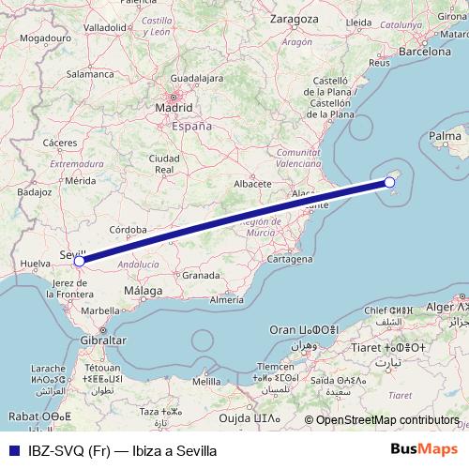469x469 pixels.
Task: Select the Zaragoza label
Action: tap(292, 18)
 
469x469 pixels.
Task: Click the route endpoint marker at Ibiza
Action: tap(389, 182)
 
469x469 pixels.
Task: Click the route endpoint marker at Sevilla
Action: tap(80, 262)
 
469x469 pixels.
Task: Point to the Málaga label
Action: tap(143, 293)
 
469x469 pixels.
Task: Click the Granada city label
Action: tap(201, 276)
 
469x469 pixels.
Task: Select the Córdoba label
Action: tap(128, 229)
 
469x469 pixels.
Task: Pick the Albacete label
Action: tap(252, 184)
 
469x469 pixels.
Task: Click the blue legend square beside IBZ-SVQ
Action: tap(13, 449)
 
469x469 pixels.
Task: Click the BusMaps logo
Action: tap(431, 449)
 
